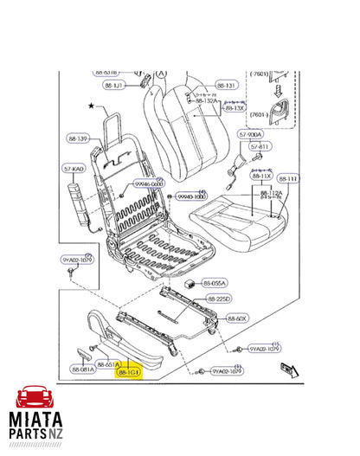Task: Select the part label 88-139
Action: (77, 139)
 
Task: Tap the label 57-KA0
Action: (73, 170)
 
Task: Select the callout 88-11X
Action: (260, 176)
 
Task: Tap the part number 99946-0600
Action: (148, 183)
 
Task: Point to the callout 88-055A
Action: (215, 283)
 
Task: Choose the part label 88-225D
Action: (219, 299)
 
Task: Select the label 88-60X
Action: (237, 318)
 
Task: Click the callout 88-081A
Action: (84, 370)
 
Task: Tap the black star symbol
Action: (90, 106)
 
